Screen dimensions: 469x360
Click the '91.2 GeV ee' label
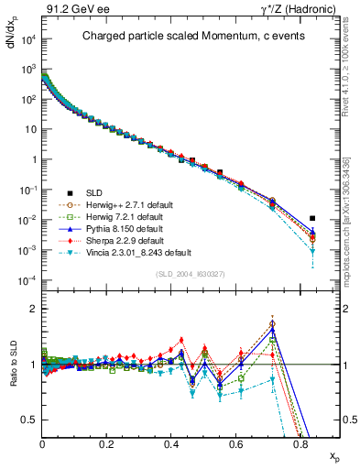click(70, 9)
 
